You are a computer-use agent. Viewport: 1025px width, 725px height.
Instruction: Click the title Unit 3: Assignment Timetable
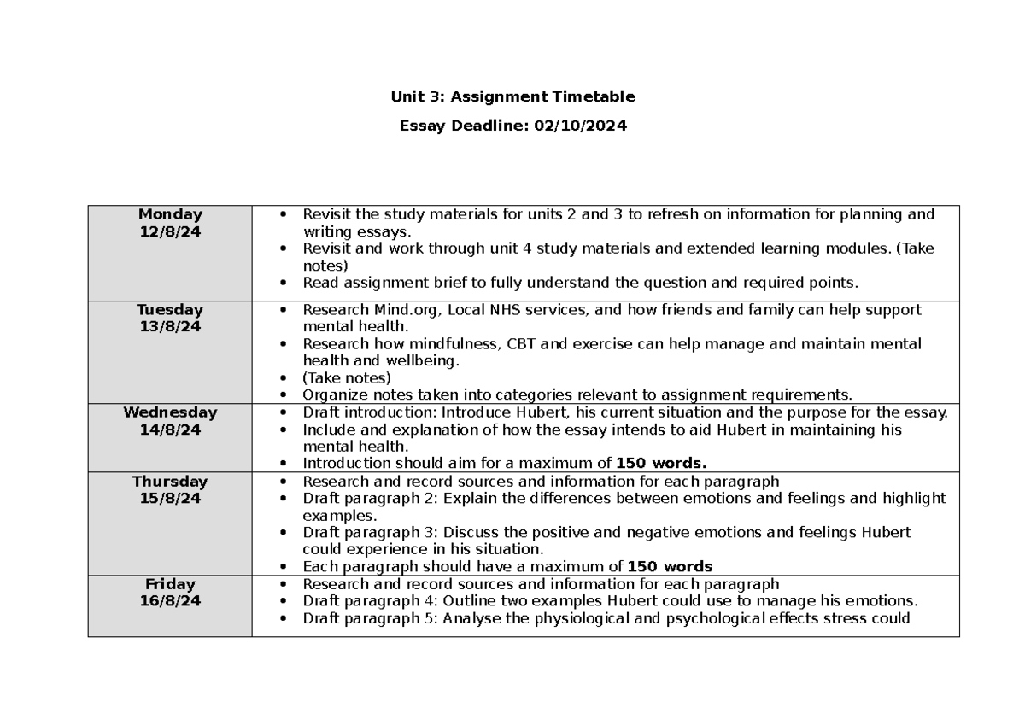pos(512,96)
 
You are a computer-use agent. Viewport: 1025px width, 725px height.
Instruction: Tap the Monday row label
pos(170,214)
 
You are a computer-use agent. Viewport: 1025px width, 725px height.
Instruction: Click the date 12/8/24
pos(170,231)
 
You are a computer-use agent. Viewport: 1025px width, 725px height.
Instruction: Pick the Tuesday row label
pos(170,309)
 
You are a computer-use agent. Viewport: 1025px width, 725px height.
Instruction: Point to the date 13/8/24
pos(170,325)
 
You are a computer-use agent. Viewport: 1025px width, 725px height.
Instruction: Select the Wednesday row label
pos(170,412)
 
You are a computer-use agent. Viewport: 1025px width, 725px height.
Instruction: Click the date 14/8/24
pos(170,429)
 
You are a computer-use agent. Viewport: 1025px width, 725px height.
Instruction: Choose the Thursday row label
pos(170,481)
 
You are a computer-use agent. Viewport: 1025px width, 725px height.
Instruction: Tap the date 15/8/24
pos(170,498)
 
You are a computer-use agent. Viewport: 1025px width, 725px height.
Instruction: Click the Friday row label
pos(170,584)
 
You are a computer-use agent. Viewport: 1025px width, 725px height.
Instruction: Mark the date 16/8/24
pos(170,601)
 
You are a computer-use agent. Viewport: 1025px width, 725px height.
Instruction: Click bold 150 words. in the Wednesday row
pos(662,464)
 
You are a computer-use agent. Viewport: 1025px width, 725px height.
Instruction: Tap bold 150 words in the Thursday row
pos(670,566)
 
